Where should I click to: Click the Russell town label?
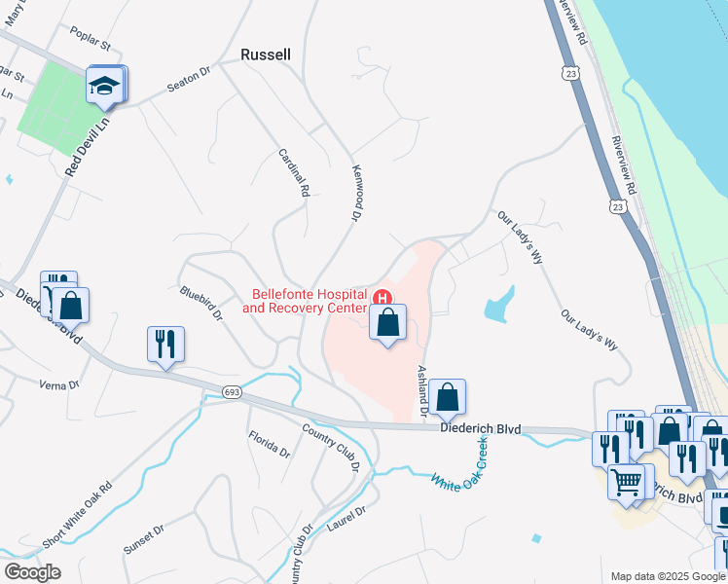tap(266, 55)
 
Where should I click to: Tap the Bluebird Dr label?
tap(201, 304)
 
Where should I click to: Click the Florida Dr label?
tap(269, 445)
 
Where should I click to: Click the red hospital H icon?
tap(383, 299)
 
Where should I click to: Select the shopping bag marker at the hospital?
tap(387, 321)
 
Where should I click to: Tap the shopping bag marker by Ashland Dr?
tap(447, 396)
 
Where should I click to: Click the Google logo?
tap(32, 571)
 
